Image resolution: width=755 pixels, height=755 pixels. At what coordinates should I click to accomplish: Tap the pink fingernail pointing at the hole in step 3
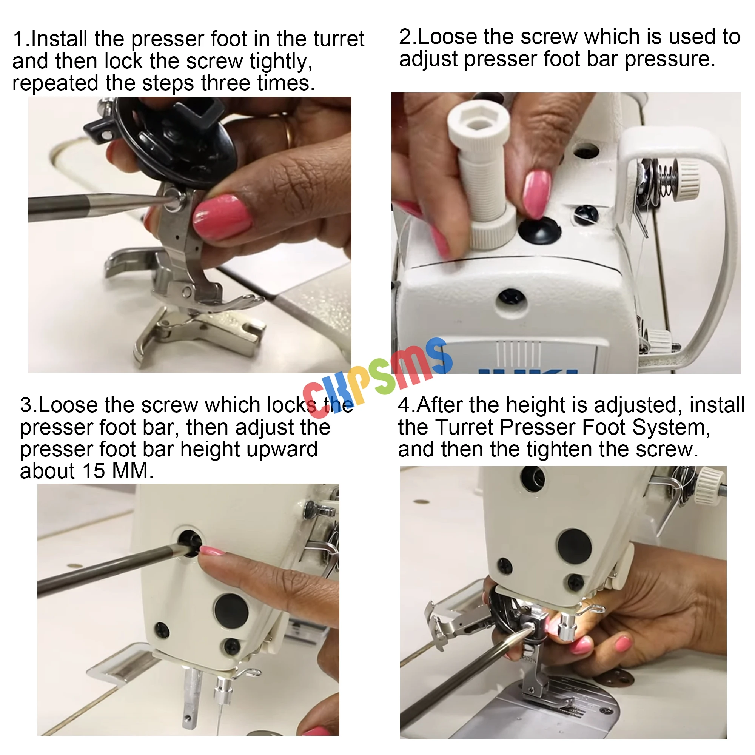[212, 552]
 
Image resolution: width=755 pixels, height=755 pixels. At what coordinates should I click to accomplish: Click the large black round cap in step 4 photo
[574, 546]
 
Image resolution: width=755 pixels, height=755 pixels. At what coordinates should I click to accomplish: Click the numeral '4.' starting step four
[407, 405]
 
